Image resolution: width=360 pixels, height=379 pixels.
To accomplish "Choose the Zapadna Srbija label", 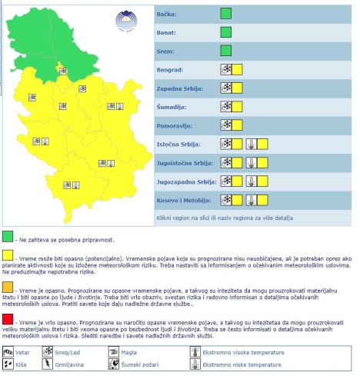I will [x=170, y=88].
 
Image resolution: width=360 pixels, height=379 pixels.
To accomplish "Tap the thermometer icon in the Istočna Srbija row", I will [x=252, y=144].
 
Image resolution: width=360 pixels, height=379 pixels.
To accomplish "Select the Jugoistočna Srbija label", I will [x=175, y=162].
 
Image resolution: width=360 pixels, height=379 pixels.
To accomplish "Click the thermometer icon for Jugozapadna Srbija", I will [x=252, y=181].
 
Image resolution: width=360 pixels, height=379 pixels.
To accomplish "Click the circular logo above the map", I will [x=123, y=21].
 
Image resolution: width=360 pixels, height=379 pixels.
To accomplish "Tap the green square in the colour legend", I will [x=8, y=236].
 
